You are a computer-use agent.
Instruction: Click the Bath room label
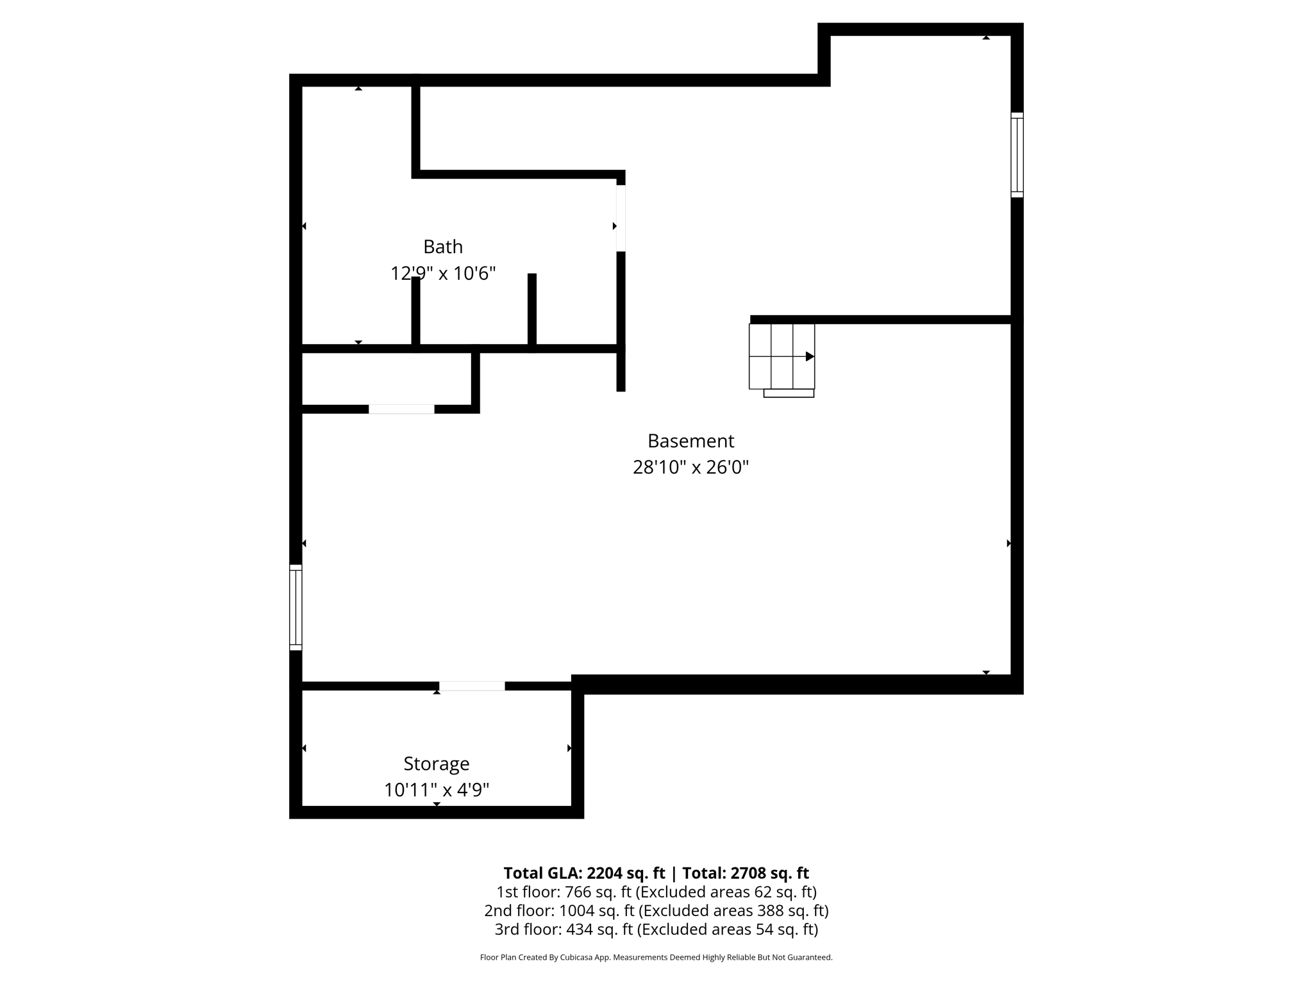pos(442,247)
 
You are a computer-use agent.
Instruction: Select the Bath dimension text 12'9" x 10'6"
pos(443,274)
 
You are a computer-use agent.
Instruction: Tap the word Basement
pos(690,441)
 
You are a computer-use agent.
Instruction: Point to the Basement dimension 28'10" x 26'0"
pos(690,468)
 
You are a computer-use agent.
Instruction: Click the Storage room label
pos(436,764)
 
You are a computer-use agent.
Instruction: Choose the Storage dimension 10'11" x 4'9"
pos(436,790)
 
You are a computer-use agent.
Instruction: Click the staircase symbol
pos(782,356)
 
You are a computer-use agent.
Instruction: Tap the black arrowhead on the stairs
pos(810,356)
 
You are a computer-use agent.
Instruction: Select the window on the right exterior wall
pos(1017,154)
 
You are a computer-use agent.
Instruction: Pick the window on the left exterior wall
pos(296,607)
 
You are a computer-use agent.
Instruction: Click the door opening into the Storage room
pos(472,686)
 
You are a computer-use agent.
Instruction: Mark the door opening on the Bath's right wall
pos(621,218)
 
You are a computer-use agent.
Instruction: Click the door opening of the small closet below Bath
pos(401,409)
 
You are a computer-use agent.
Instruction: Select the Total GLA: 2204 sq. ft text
pos(584,873)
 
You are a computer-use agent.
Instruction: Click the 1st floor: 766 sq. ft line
pos(656,892)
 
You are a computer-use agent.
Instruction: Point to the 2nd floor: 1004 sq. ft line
pos(656,910)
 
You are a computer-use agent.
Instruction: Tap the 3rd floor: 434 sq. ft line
pos(656,929)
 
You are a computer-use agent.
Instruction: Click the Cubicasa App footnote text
pos(656,958)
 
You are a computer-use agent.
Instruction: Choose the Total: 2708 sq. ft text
pos(745,873)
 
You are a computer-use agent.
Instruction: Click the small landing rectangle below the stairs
pos(789,393)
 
